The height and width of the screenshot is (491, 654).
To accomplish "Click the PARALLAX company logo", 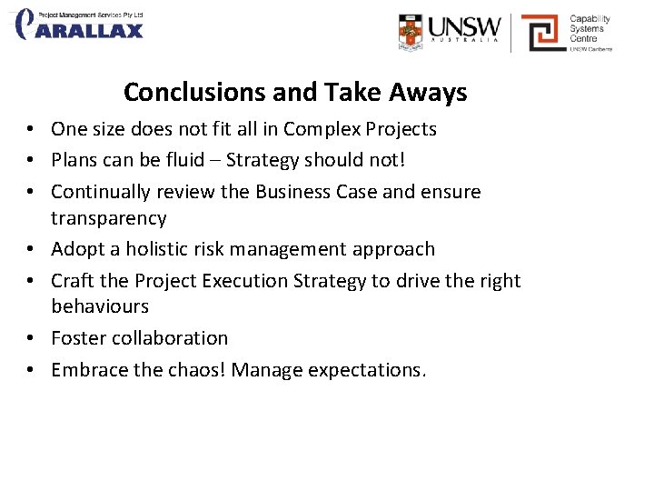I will click(x=80, y=25).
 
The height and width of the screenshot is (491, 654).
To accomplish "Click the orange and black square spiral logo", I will click(x=541, y=32).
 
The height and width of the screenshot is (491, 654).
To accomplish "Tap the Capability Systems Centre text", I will click(x=590, y=28).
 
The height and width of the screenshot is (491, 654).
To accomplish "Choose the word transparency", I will click(x=109, y=218).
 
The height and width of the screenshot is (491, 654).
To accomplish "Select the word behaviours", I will click(x=100, y=306).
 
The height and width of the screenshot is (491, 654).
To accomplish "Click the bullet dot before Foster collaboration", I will click(x=31, y=339).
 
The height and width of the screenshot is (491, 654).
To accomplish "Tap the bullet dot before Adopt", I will click(x=31, y=250).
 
